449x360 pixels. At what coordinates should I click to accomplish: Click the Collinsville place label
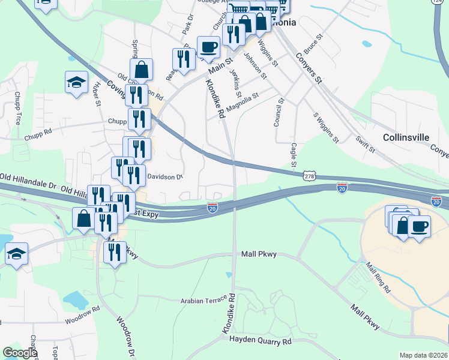[x=406, y=137]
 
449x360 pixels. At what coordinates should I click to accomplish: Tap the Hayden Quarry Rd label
[x=261, y=340]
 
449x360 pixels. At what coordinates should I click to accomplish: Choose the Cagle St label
[x=294, y=155]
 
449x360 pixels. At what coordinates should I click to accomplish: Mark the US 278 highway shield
[x=309, y=176]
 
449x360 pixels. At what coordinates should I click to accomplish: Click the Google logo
[x=20, y=353]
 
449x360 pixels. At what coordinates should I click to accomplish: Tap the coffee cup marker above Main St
[x=208, y=46]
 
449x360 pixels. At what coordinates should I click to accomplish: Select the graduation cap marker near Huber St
[x=76, y=82]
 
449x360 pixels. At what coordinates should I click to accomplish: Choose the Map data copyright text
[x=423, y=355]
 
